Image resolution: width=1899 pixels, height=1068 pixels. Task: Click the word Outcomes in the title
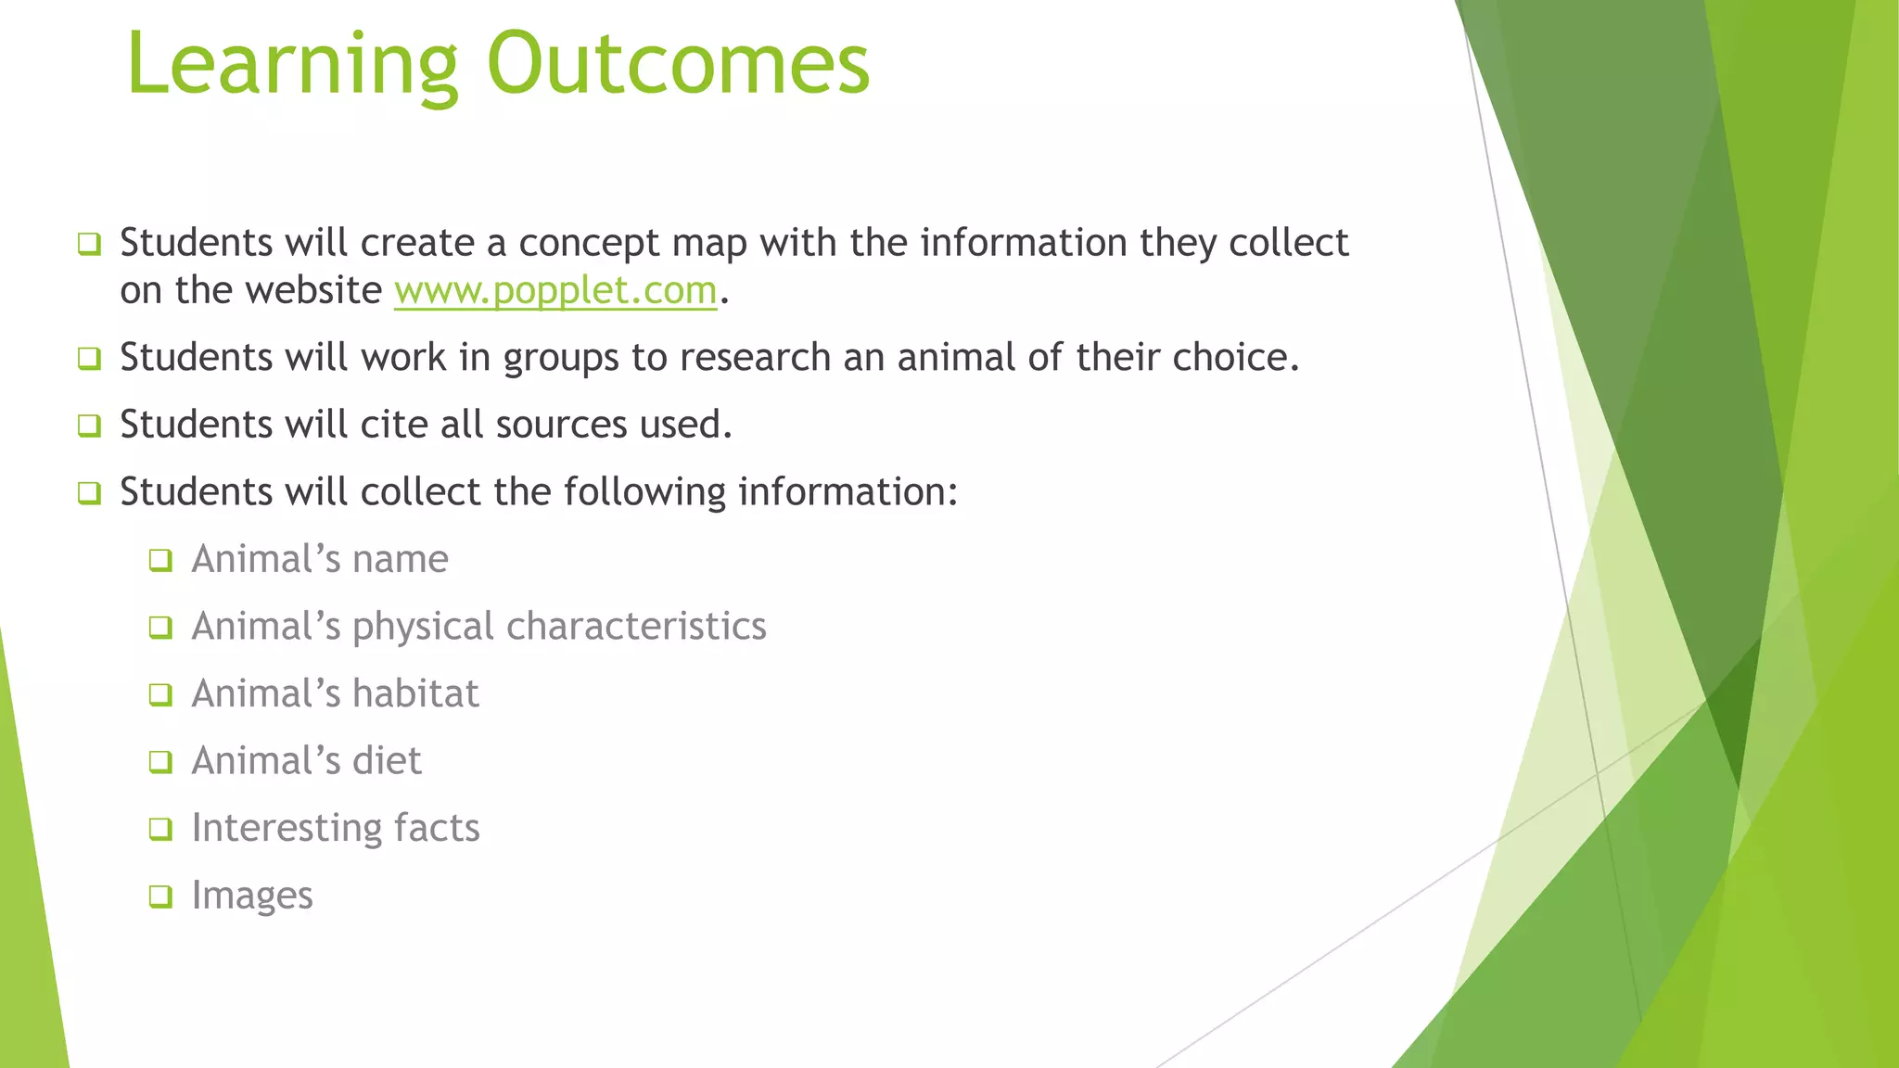(x=678, y=65)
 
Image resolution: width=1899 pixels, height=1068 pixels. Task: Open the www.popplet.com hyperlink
(x=555, y=291)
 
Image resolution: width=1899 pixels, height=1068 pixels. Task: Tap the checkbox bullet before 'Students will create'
(x=89, y=245)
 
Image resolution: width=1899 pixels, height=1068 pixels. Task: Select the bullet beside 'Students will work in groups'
(x=89, y=359)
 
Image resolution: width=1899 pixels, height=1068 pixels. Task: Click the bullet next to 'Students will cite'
(x=89, y=426)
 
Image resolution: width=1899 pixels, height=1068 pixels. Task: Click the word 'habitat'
(x=415, y=694)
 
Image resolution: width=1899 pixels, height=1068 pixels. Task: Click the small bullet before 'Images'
(x=160, y=896)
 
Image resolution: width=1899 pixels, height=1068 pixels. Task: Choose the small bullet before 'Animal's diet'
(x=160, y=762)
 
